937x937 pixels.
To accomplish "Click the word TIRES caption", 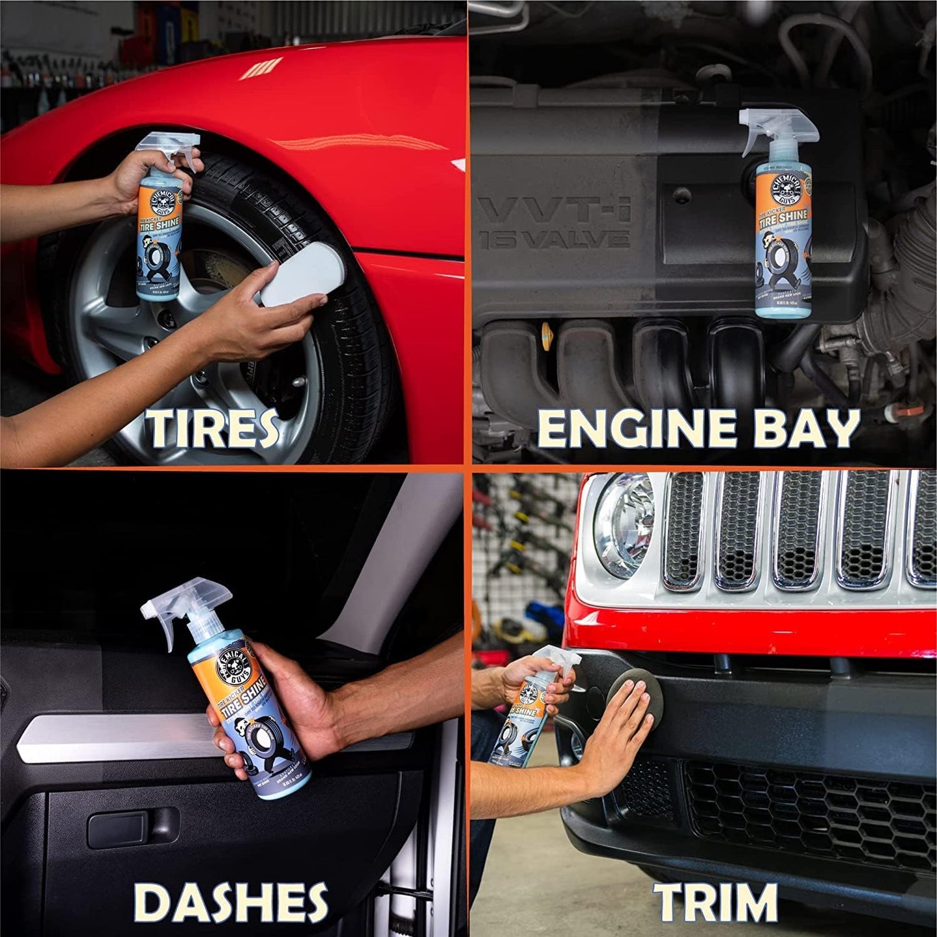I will (212, 428).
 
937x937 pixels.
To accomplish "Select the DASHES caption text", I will (230, 901).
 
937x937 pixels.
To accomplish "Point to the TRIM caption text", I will (715, 901).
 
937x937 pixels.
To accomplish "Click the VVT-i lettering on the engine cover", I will (558, 211).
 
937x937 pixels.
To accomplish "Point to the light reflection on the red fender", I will (261, 68).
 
